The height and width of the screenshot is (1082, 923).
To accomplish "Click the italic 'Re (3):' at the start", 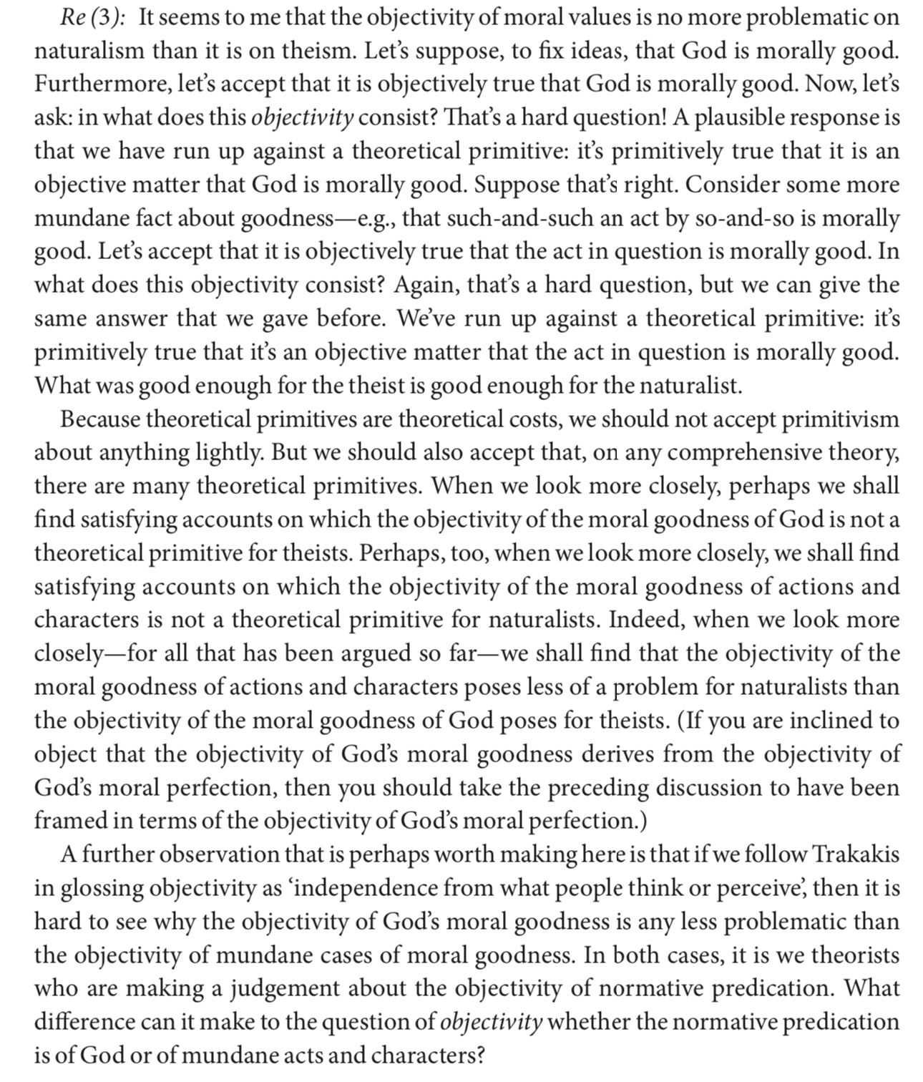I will click(92, 17).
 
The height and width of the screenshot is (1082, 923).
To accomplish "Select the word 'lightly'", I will click(229, 453).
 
